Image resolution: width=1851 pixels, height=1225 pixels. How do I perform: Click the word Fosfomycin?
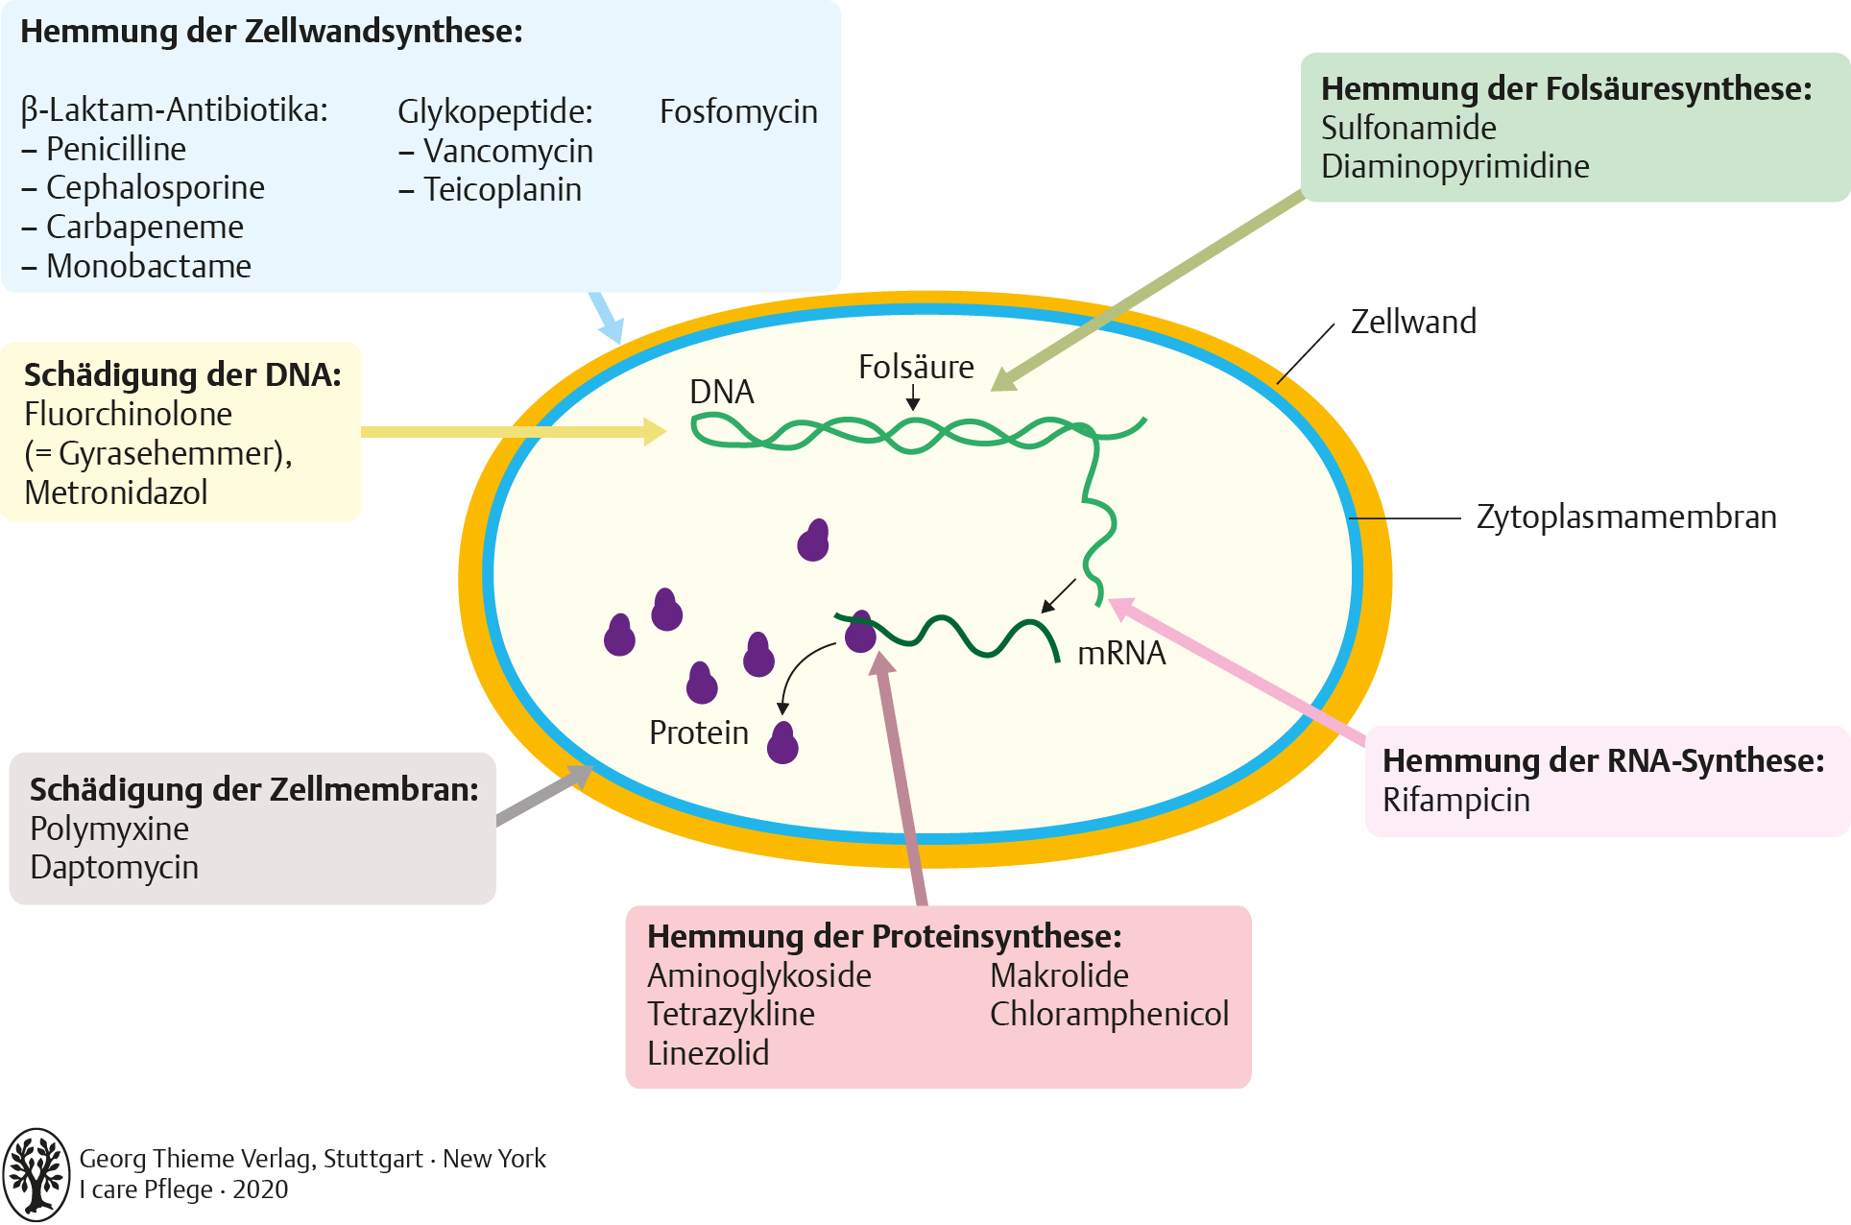tap(738, 112)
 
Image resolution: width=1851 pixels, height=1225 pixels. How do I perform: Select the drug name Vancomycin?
tap(508, 152)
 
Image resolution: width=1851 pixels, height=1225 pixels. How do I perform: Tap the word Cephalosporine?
tap(156, 188)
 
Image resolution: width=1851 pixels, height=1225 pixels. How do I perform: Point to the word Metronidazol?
tap(116, 492)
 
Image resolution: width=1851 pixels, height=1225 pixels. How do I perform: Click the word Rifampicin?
tap(1455, 800)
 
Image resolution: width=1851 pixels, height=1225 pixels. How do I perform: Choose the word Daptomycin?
tap(114, 867)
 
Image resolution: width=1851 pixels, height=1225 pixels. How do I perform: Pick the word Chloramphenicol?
tap(1109, 1014)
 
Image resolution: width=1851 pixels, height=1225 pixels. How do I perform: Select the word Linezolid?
tap(708, 1053)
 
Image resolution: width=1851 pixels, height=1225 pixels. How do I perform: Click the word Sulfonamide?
tap(1408, 128)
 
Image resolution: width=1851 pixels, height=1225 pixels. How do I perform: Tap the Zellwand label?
tap(1413, 322)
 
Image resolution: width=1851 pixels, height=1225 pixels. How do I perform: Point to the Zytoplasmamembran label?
tap(1626, 516)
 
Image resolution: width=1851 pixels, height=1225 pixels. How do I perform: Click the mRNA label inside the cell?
tap(1121, 653)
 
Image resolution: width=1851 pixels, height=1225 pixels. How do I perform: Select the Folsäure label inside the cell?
tap(916, 367)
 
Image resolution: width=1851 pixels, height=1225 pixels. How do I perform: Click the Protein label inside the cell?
tap(698, 733)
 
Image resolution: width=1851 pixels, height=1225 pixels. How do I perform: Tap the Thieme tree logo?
tap(36, 1174)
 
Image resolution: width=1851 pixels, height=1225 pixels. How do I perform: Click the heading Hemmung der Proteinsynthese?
tap(884, 936)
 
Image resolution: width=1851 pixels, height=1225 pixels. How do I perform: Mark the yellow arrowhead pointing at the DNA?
tap(656, 431)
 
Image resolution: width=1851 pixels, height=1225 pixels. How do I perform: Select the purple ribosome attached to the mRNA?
tap(860, 633)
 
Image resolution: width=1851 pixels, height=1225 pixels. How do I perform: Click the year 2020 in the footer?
tap(260, 1189)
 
